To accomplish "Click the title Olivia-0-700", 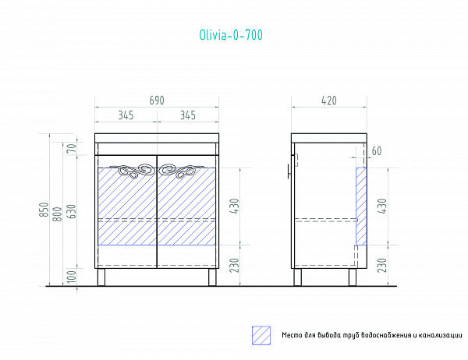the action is click(x=231, y=35).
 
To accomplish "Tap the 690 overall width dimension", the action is click(x=157, y=101).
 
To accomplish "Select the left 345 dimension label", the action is click(x=126, y=115).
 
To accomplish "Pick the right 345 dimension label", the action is click(x=188, y=115).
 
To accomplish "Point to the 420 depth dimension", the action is click(x=329, y=101).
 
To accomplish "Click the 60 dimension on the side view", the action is click(x=377, y=151).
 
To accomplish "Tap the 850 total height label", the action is click(x=44, y=210).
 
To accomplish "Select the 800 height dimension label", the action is click(x=58, y=214).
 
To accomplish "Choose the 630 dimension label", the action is click(x=72, y=211).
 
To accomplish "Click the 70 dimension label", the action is click(x=72, y=149).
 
